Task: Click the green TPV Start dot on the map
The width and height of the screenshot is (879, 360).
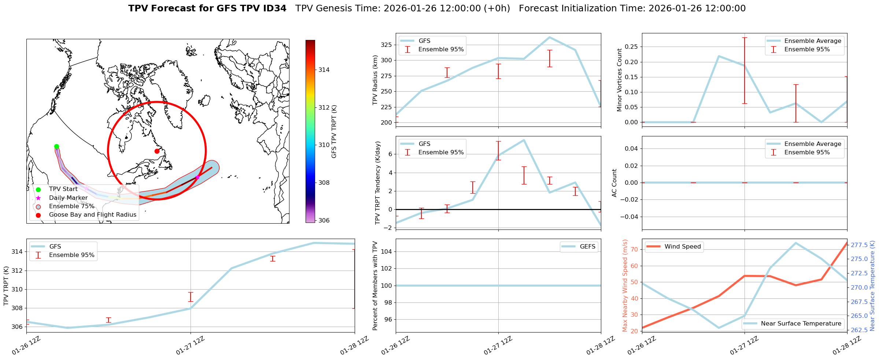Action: [56, 147]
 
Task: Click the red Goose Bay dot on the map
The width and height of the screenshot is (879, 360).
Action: [157, 151]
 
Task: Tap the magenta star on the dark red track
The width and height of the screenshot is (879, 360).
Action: [197, 177]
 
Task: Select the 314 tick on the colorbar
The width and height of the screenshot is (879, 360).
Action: [324, 70]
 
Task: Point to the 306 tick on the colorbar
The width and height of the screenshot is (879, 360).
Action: [324, 220]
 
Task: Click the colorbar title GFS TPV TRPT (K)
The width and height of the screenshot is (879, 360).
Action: [334, 132]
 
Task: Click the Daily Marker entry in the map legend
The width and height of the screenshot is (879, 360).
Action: [68, 198]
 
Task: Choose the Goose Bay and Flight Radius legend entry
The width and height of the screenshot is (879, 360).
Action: [92, 215]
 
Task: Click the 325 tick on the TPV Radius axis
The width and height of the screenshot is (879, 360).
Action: [386, 45]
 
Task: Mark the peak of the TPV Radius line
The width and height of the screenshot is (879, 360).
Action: [549, 37]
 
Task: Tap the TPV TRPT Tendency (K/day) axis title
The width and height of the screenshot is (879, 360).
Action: [378, 183]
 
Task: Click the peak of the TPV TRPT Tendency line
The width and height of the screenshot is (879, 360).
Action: [524, 140]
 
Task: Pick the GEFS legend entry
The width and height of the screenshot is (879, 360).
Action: [587, 247]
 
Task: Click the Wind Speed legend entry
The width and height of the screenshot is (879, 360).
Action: [682, 247]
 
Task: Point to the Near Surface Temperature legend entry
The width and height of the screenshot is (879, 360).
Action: [801, 324]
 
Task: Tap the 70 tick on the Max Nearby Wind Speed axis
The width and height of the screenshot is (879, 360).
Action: [634, 249]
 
